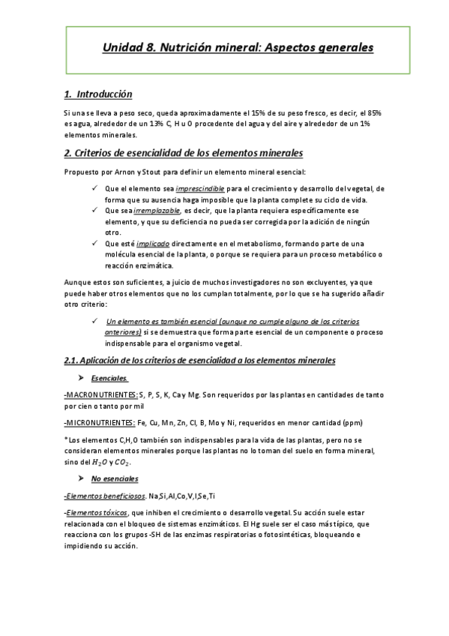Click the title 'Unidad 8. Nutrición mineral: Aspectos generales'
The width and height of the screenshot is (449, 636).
point(238,48)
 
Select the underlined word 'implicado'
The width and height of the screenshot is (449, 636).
point(150,244)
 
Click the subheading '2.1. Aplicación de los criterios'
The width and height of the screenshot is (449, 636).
point(199,360)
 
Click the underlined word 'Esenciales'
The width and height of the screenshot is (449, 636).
point(109,378)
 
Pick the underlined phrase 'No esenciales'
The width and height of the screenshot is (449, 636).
point(115,478)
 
